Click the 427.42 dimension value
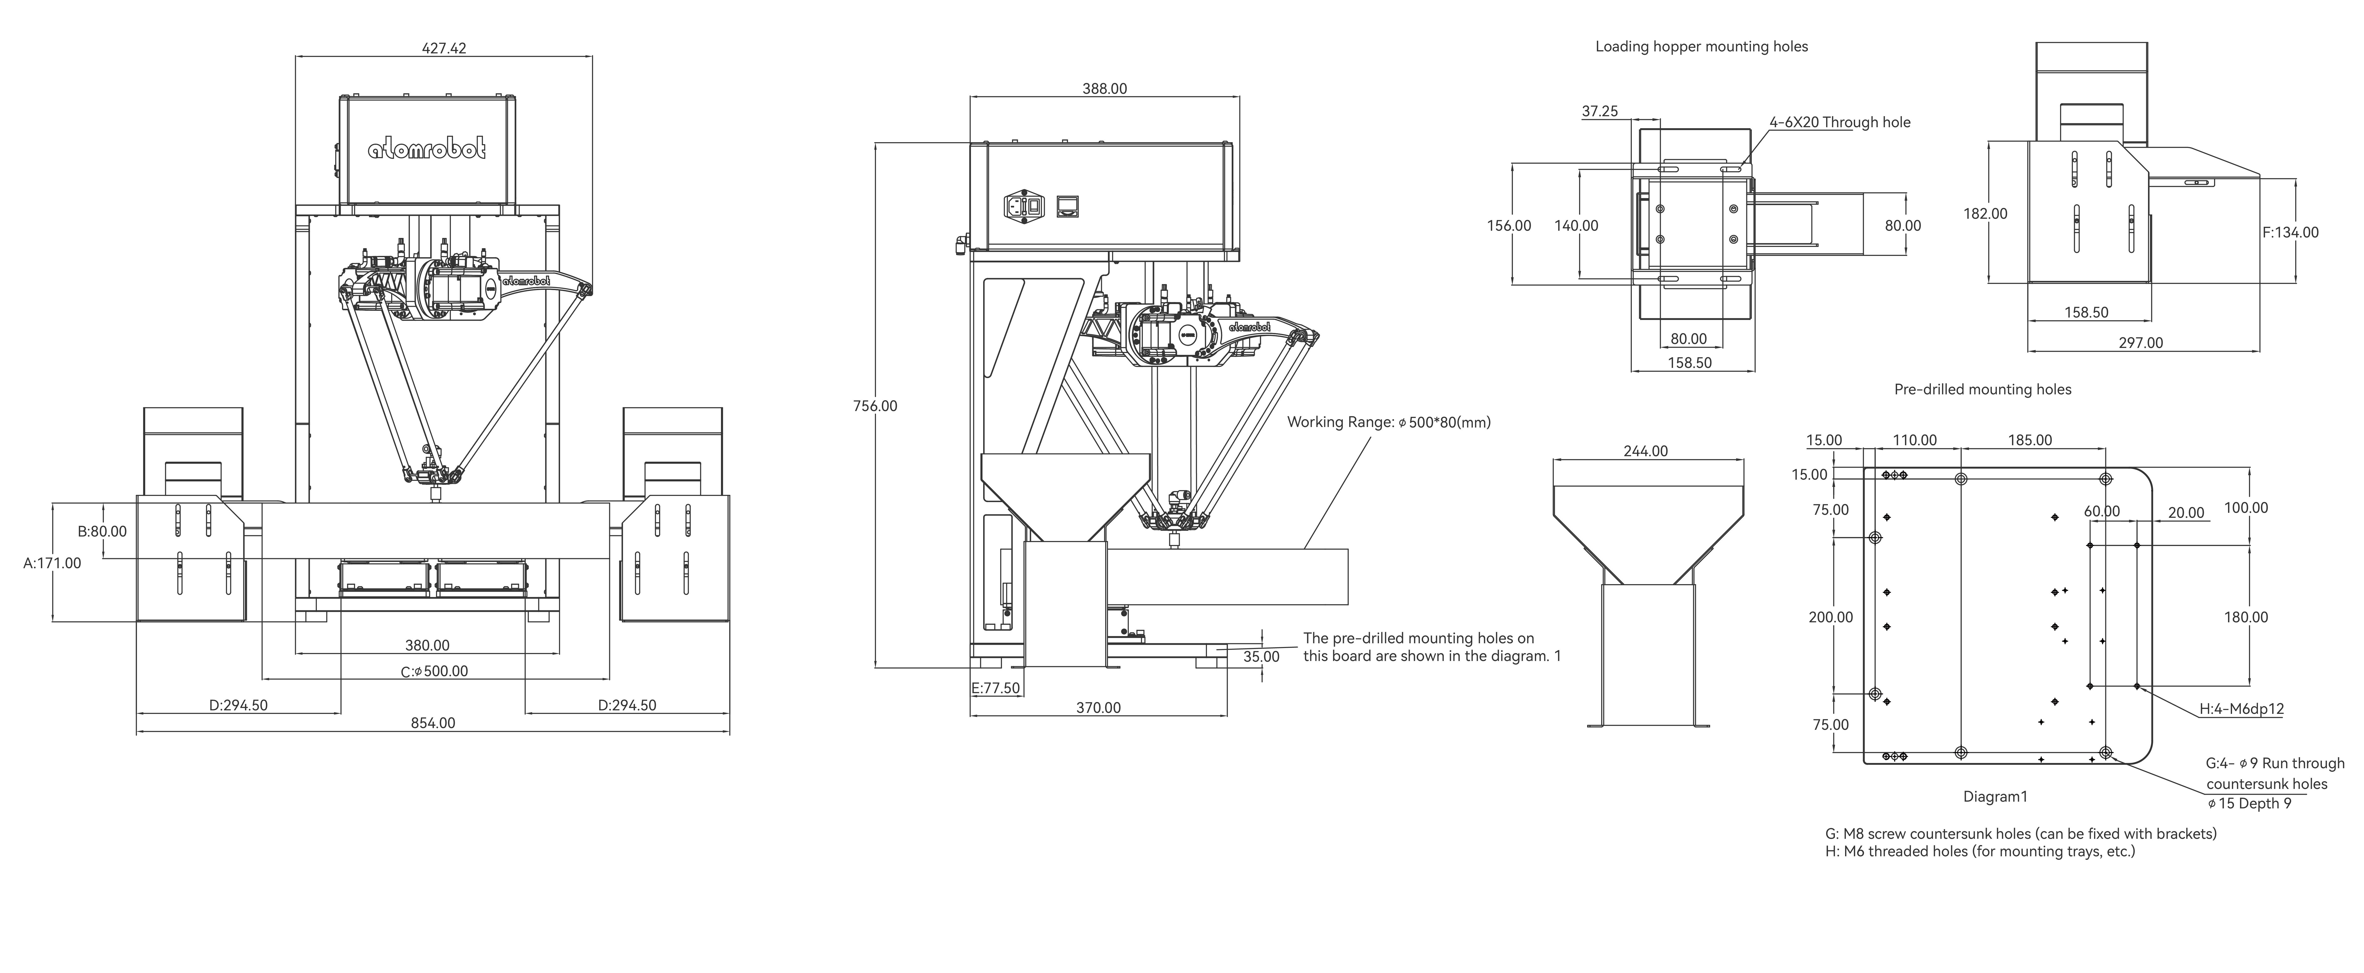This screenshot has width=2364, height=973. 444,48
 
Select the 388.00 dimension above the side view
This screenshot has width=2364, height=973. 1105,89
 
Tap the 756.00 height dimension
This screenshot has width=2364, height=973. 875,406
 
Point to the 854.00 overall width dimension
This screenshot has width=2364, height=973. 433,723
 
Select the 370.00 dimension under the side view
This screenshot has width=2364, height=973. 1098,708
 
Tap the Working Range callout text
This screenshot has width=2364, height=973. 1389,422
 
